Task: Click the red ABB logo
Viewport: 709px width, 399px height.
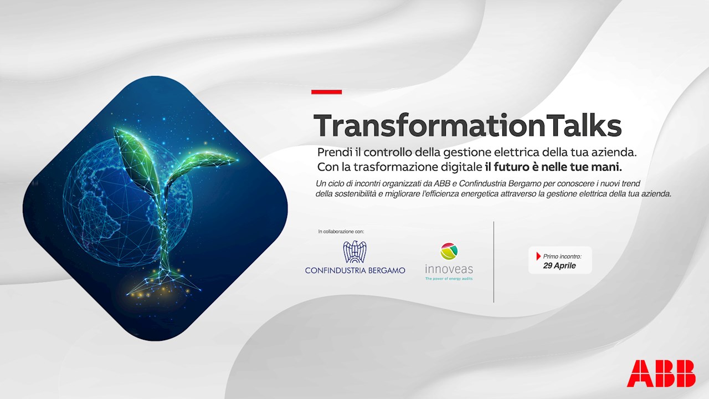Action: (661, 373)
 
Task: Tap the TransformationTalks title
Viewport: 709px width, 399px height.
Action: (467, 125)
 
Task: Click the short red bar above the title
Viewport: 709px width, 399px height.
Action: (326, 92)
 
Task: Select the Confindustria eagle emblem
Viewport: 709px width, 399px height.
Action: (355, 252)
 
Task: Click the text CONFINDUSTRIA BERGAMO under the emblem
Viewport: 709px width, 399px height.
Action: (355, 270)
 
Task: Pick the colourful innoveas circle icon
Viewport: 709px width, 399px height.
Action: (449, 251)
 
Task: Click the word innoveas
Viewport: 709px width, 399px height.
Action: (449, 269)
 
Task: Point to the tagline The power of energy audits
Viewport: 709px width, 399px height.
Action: (449, 279)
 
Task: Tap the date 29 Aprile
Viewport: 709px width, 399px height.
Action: (559, 265)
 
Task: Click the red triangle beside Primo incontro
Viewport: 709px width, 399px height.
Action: (538, 256)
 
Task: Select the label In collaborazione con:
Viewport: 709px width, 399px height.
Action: (341, 232)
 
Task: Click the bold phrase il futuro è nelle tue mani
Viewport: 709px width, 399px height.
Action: (553, 167)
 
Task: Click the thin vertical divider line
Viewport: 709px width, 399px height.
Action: (494, 262)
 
